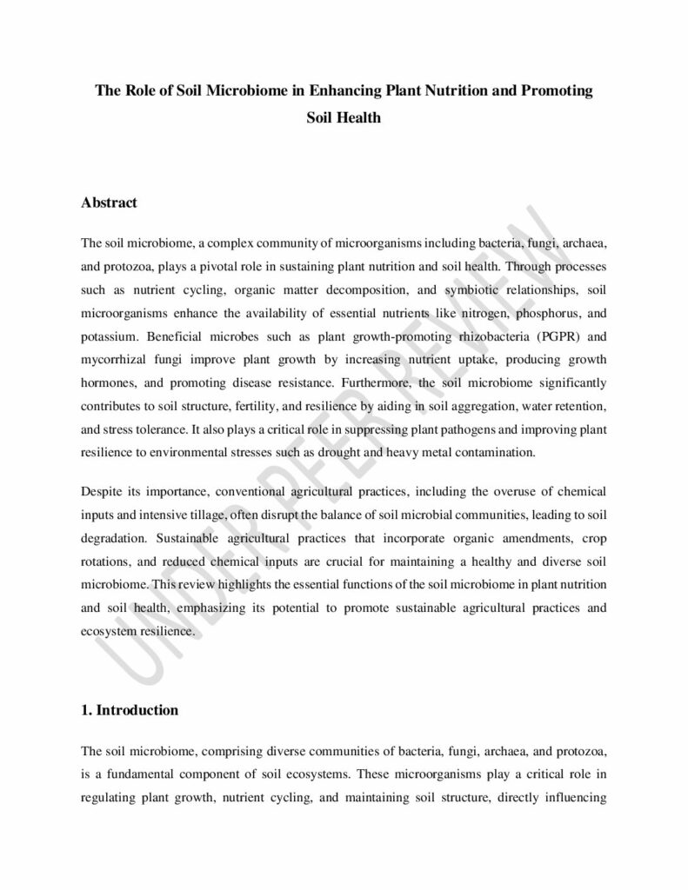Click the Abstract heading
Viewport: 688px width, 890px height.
(109, 203)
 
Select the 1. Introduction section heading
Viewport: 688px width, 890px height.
(129, 710)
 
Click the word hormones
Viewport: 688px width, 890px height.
(108, 382)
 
